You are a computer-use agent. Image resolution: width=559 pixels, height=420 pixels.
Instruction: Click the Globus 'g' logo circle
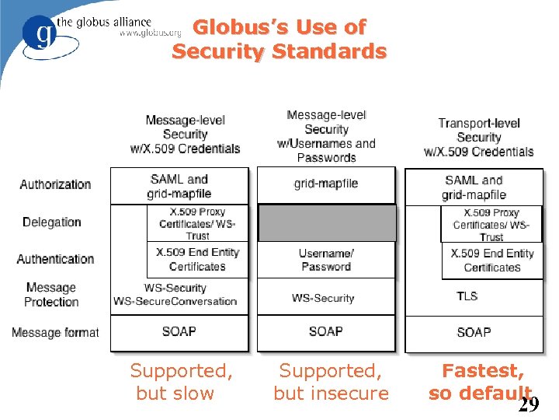[x=39, y=34]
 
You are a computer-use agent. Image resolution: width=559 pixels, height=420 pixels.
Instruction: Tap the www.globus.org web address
[x=151, y=33]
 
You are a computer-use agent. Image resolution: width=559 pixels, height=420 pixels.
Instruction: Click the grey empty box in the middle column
[x=326, y=223]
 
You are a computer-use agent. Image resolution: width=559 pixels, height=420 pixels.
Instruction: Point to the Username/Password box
[x=326, y=261]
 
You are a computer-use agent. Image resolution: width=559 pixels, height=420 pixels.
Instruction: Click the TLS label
[x=467, y=296]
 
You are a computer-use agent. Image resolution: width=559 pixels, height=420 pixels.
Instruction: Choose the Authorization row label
[x=55, y=184]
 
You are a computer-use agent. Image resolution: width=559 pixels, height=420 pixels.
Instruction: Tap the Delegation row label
[x=52, y=222]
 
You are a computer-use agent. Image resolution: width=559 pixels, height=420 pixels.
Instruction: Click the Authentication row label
[x=55, y=259]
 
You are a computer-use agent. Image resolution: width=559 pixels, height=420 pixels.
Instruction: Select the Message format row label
[x=55, y=332]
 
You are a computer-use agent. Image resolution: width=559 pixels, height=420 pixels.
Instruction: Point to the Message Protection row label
[x=51, y=295]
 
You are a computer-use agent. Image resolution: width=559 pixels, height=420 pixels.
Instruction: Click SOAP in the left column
[x=179, y=331]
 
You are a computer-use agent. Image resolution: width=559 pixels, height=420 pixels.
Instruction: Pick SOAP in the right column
[x=474, y=332]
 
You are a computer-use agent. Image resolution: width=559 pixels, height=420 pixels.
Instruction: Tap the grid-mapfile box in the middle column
[x=326, y=184]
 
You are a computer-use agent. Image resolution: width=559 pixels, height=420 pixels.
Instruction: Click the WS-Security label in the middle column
[x=323, y=298]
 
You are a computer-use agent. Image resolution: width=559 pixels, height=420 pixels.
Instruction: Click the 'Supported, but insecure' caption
[x=332, y=382]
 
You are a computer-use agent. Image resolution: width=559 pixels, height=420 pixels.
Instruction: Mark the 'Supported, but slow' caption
[x=180, y=382]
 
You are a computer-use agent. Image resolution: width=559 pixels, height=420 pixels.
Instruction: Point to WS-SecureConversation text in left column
[x=175, y=302]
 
